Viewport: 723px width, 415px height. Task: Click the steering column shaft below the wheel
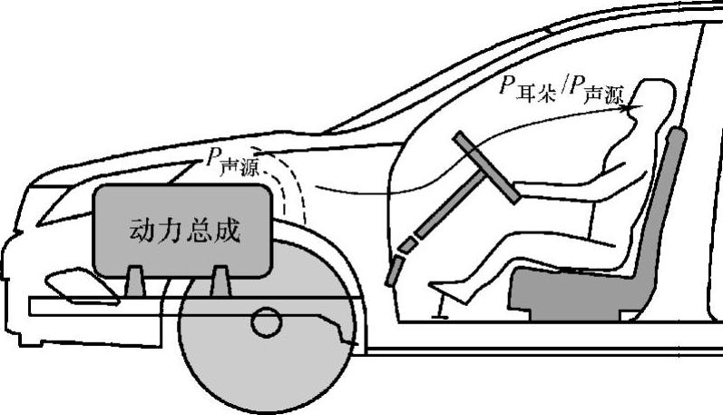(426, 227)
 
